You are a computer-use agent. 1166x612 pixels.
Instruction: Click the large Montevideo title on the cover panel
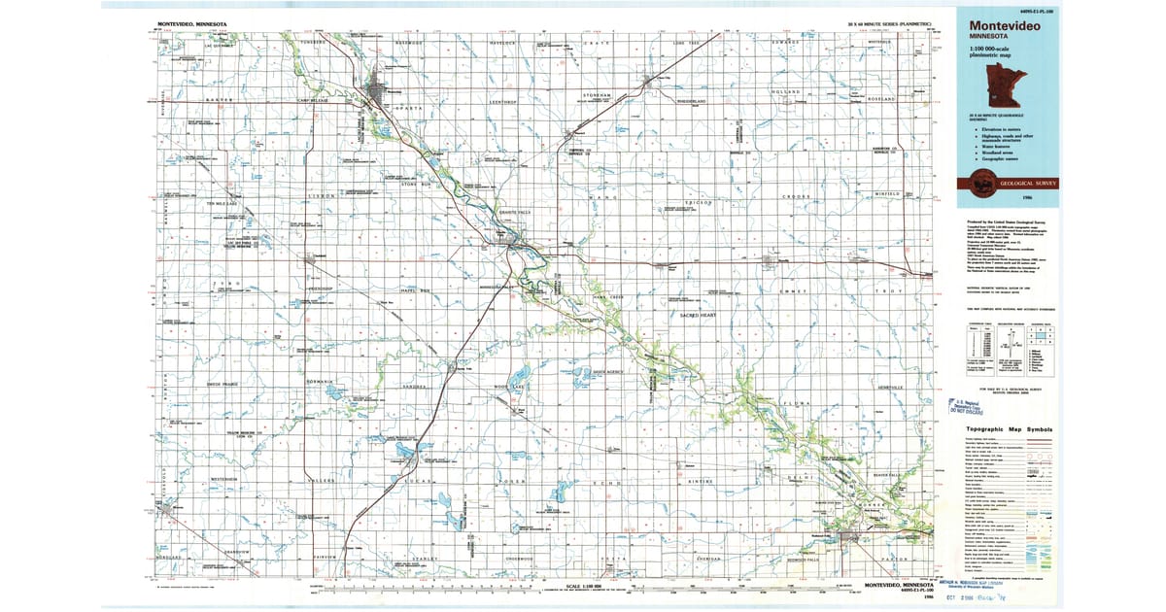(x=1001, y=26)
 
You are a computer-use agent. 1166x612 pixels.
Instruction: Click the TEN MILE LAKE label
(x=223, y=203)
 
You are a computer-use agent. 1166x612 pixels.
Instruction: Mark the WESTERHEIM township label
(x=223, y=479)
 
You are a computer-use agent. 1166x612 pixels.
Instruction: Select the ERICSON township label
(x=702, y=203)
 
